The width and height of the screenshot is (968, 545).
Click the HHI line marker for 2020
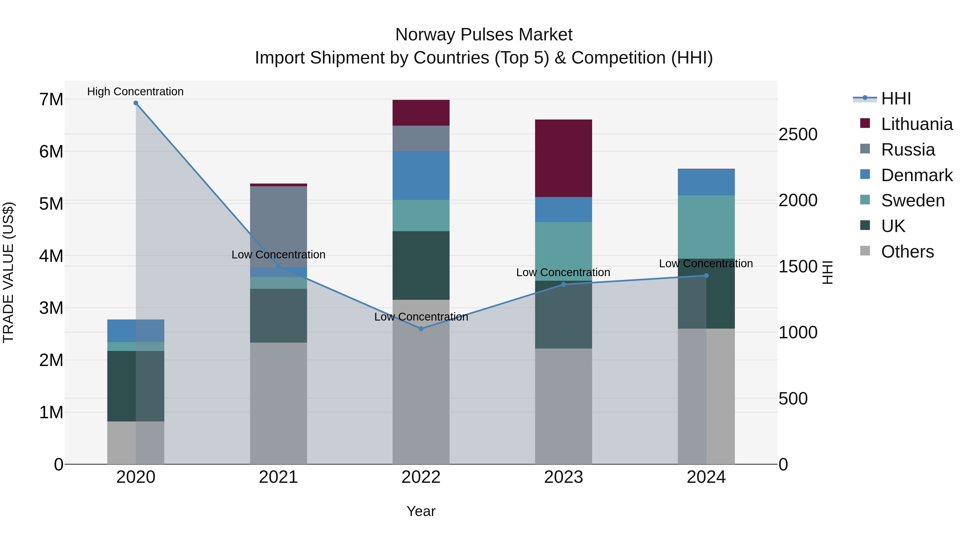pos(136,103)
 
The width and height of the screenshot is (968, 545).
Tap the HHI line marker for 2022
pos(421,329)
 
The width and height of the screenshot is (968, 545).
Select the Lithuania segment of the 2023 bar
pos(563,158)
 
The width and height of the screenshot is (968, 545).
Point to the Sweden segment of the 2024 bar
pos(706,227)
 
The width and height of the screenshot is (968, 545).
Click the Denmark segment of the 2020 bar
pos(136,330)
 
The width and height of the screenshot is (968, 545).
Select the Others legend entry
pos(907,252)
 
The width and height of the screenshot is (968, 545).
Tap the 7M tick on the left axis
pos(51,100)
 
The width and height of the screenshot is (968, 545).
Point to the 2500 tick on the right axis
pos(798,134)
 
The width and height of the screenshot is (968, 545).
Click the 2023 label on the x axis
pos(563,477)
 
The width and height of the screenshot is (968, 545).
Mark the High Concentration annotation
pos(135,92)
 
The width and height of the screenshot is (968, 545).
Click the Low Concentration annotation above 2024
pos(706,263)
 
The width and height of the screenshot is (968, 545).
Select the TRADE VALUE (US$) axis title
pos(8,272)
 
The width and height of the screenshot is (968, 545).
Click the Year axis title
pos(421,511)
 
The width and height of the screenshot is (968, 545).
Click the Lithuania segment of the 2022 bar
pos(421,113)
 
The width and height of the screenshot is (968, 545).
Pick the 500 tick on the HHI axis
pos(793,399)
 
